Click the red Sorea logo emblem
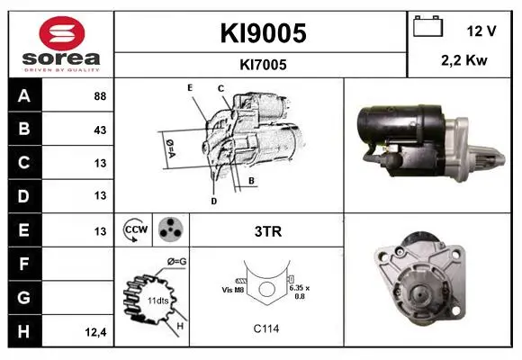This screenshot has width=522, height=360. (x=62, y=33)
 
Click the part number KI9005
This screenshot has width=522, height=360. (x=263, y=33)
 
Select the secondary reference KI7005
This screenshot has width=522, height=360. (x=263, y=65)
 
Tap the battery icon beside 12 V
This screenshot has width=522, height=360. (x=427, y=26)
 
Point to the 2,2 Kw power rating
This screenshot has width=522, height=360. (x=464, y=60)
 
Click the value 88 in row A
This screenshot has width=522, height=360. (x=100, y=96)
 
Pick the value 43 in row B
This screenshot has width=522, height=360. (x=100, y=130)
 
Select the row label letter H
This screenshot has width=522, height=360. (x=23, y=331)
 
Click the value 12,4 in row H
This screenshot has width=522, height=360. (x=95, y=332)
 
